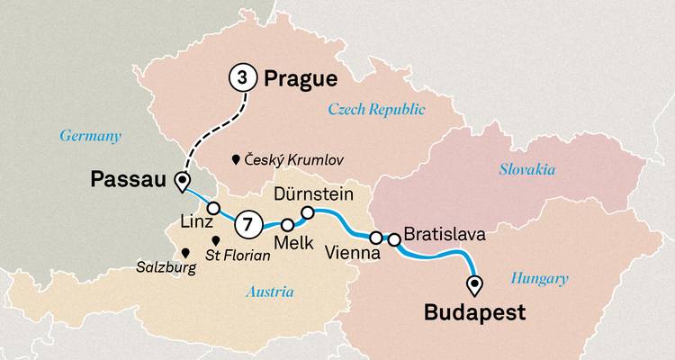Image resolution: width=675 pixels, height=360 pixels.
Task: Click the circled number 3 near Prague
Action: tap(240, 78)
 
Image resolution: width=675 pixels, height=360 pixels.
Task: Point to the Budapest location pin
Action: tap(473, 285)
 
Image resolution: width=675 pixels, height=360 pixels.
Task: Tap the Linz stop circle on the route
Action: tap(214, 208)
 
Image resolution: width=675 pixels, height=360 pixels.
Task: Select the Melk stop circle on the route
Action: tap(288, 225)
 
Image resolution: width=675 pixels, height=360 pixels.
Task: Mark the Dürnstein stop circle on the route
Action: tap(307, 213)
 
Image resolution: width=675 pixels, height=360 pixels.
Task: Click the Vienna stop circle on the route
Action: tap(376, 238)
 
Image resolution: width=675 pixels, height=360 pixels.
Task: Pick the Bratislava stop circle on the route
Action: tap(393, 239)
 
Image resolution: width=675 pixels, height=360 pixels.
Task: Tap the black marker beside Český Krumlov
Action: tap(236, 159)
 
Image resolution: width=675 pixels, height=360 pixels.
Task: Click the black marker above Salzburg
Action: tap(184, 254)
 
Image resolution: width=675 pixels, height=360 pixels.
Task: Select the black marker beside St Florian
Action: tap(216, 241)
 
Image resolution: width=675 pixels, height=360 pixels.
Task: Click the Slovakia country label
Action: tap(526, 169)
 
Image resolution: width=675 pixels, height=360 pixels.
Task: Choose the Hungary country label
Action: tap(538, 279)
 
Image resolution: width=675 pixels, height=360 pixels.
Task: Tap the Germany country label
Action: tap(90, 136)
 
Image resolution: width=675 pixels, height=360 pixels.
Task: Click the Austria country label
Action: tap(269, 291)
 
